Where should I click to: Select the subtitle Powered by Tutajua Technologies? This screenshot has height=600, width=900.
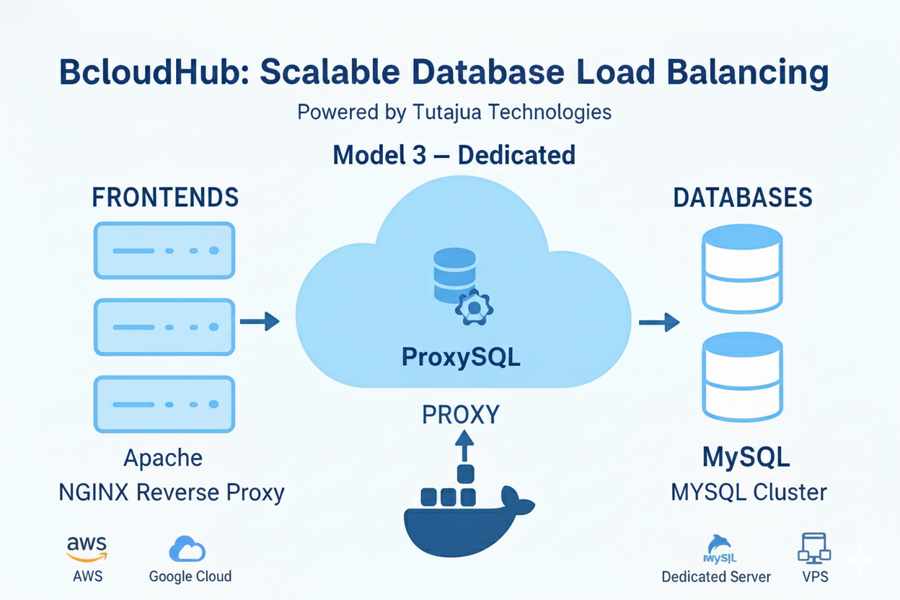[x=454, y=112]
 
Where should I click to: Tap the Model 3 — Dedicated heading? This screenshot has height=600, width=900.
[x=454, y=155]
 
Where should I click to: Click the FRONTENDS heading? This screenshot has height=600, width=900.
[x=165, y=198]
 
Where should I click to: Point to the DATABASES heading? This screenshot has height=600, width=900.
[x=743, y=198]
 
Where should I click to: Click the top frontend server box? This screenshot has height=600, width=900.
[x=164, y=250]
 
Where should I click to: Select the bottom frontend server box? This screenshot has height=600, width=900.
[x=164, y=404]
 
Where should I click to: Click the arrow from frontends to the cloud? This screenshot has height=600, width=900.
[x=259, y=322]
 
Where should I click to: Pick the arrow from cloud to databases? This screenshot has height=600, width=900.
[x=659, y=322]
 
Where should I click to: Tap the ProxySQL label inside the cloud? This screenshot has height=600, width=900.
[x=461, y=358]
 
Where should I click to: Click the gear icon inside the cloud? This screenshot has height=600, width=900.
[x=474, y=309]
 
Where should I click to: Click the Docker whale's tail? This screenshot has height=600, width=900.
[x=518, y=501]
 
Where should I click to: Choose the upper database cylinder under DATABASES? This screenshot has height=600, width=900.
[x=742, y=268]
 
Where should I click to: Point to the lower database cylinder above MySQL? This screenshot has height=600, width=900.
[x=742, y=376]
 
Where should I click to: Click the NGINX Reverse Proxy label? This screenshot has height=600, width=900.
[x=172, y=493]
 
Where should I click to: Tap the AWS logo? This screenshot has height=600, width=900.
[x=87, y=547]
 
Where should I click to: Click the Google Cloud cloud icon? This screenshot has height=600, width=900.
[x=187, y=549]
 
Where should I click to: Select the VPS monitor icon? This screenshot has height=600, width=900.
[x=814, y=549]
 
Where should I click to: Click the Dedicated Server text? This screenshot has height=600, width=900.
[x=716, y=577]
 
